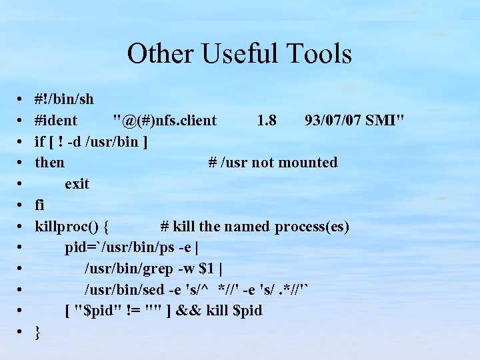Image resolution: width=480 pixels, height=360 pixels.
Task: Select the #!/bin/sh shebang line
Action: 64,99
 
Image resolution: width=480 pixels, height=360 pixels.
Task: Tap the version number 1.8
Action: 267,121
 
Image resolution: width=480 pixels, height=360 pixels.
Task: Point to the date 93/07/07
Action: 332,121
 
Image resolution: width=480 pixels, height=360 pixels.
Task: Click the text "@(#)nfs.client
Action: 165,121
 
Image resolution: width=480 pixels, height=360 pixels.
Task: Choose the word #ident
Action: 56,121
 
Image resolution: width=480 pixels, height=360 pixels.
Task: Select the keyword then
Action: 50,163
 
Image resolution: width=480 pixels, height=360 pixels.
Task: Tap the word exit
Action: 77,184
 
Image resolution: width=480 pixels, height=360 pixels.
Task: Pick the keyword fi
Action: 40,205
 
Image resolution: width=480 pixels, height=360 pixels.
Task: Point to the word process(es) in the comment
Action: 313,227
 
